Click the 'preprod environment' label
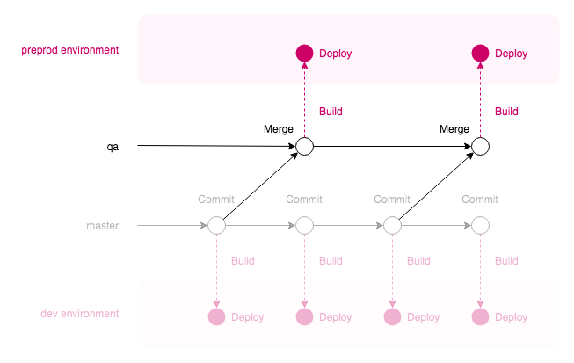click(69, 50)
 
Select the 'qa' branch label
click(113, 147)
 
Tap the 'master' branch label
click(102, 226)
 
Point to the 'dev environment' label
click(80, 314)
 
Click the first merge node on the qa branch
click(304, 147)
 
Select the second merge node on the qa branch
click(480, 147)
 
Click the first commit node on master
click(216, 226)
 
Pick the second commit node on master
click(304, 226)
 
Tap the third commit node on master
click(392, 226)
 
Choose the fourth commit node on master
click(480, 226)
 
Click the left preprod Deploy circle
click(304, 54)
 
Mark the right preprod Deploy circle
click(480, 54)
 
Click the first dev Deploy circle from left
click(216, 317)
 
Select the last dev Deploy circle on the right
click(480, 317)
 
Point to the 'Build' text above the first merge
click(331, 112)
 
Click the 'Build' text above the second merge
click(506, 112)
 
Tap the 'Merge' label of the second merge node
click(454, 129)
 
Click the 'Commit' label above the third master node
click(392, 200)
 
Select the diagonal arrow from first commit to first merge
click(259, 186)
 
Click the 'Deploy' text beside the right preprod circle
click(512, 54)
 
